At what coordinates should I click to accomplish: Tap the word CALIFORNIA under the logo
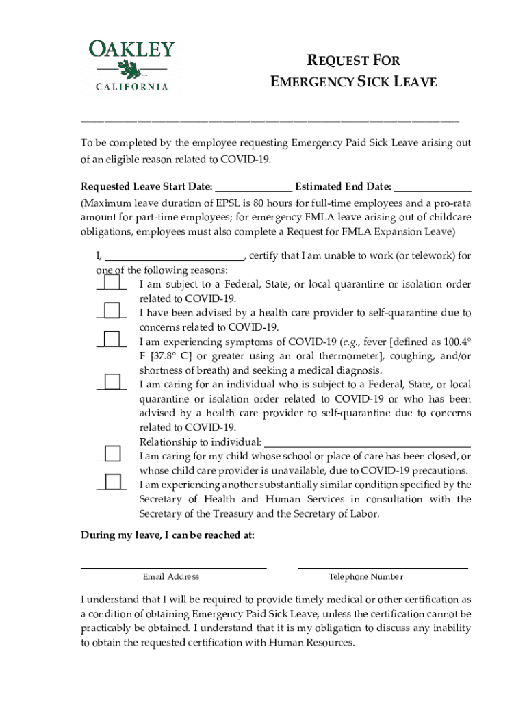tap(131, 87)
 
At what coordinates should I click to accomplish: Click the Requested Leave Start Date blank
tap(254, 188)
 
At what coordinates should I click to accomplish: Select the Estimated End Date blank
tap(433, 188)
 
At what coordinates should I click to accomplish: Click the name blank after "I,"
tap(174, 257)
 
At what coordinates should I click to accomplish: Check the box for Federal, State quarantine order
tap(112, 283)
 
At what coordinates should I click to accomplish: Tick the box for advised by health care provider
tap(112, 311)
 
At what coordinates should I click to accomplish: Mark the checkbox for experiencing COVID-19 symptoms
tap(112, 339)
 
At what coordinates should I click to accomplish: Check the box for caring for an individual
tap(112, 382)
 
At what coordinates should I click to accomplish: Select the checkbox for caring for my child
tap(112, 453)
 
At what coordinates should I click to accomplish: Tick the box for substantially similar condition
tap(112, 481)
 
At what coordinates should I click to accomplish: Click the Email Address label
tap(171, 577)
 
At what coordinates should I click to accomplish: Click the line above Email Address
tap(173, 568)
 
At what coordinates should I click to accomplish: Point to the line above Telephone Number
tap(383, 568)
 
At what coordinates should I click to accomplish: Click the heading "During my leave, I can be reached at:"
tap(168, 535)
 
